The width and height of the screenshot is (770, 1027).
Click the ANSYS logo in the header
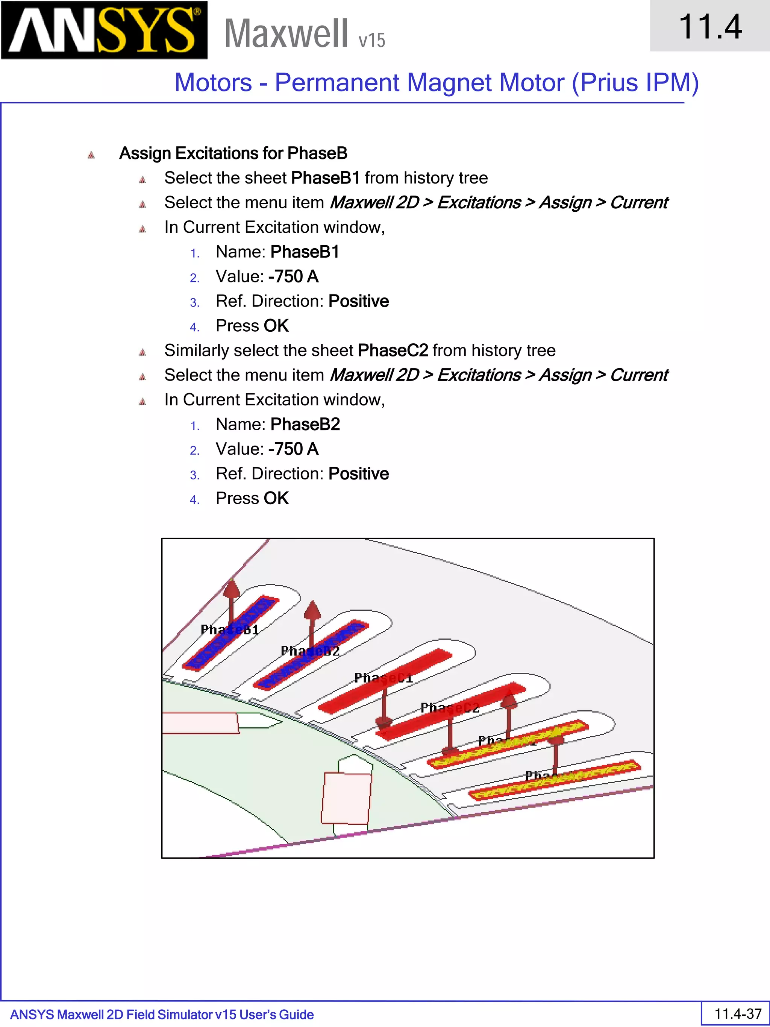pos(104,30)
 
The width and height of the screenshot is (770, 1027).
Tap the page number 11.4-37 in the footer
pos(738,1013)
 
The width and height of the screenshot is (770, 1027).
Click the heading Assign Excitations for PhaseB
pos(233,153)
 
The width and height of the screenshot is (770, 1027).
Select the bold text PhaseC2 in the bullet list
pos(393,350)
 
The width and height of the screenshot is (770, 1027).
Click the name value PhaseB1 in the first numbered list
pos(305,252)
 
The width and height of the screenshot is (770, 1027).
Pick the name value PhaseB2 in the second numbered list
pos(305,424)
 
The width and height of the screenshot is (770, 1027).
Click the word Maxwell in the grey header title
pos(286,33)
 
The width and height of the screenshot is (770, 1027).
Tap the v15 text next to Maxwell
pos(371,40)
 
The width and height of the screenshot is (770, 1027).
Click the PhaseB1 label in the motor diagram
pos(229,630)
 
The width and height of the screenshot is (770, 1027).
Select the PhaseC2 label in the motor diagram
pos(449,708)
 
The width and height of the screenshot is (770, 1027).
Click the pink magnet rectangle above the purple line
pos(346,798)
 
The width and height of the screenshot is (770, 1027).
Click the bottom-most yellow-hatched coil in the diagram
pos(555,780)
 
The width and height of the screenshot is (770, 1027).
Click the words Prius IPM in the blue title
pos(635,83)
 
